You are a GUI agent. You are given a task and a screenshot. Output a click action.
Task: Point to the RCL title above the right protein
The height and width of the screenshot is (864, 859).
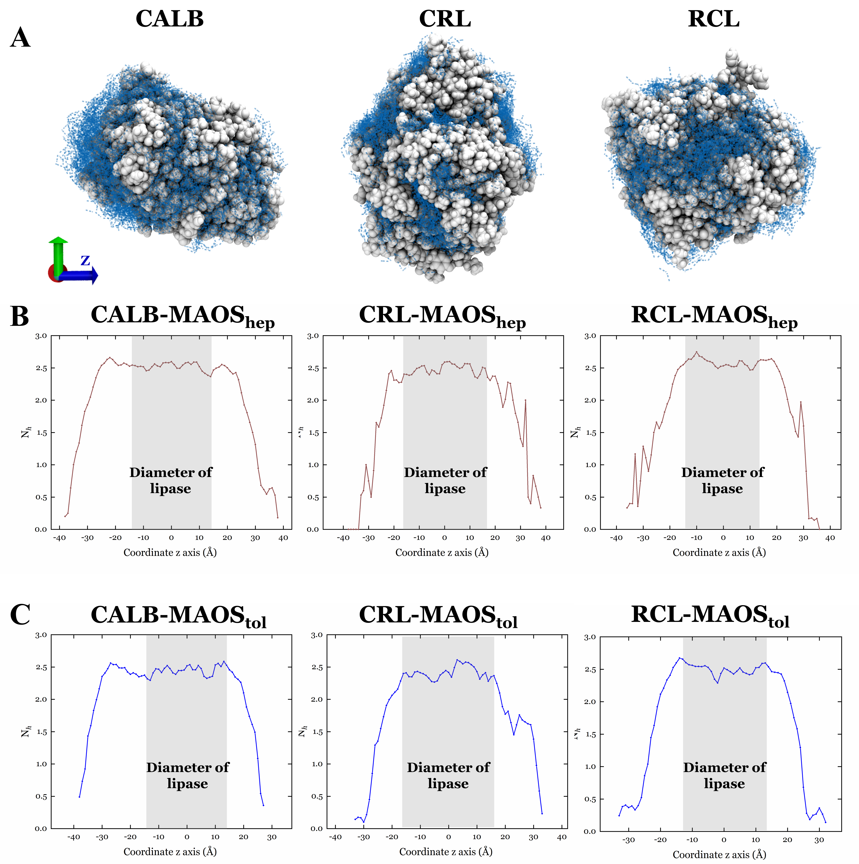tap(714, 19)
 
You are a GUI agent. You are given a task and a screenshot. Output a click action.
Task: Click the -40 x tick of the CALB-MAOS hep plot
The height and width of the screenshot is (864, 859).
tap(60, 538)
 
